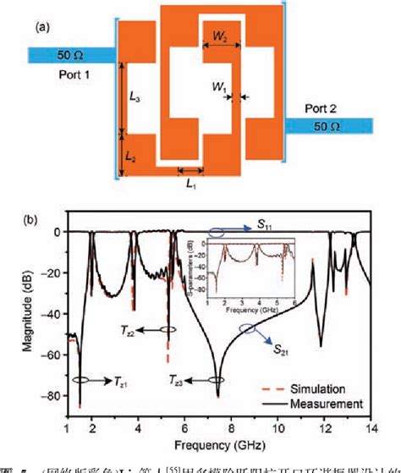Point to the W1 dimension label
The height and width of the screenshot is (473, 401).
tap(220, 86)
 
